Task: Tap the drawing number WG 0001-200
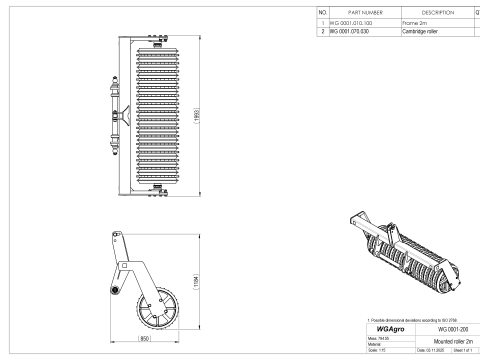pyautogui.click(x=438, y=326)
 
